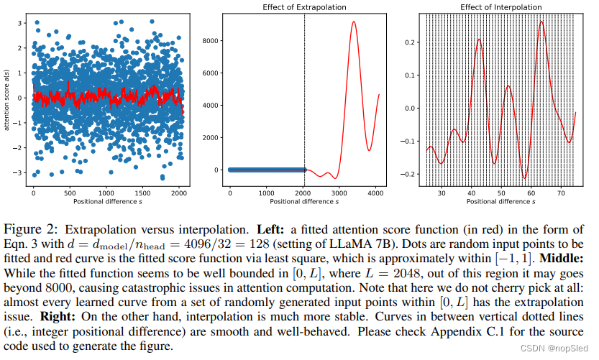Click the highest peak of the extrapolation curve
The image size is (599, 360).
[354, 22]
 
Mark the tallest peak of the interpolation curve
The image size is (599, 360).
[541, 22]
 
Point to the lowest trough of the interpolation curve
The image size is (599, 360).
[525, 177]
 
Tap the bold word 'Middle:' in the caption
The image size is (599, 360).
[562, 257]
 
